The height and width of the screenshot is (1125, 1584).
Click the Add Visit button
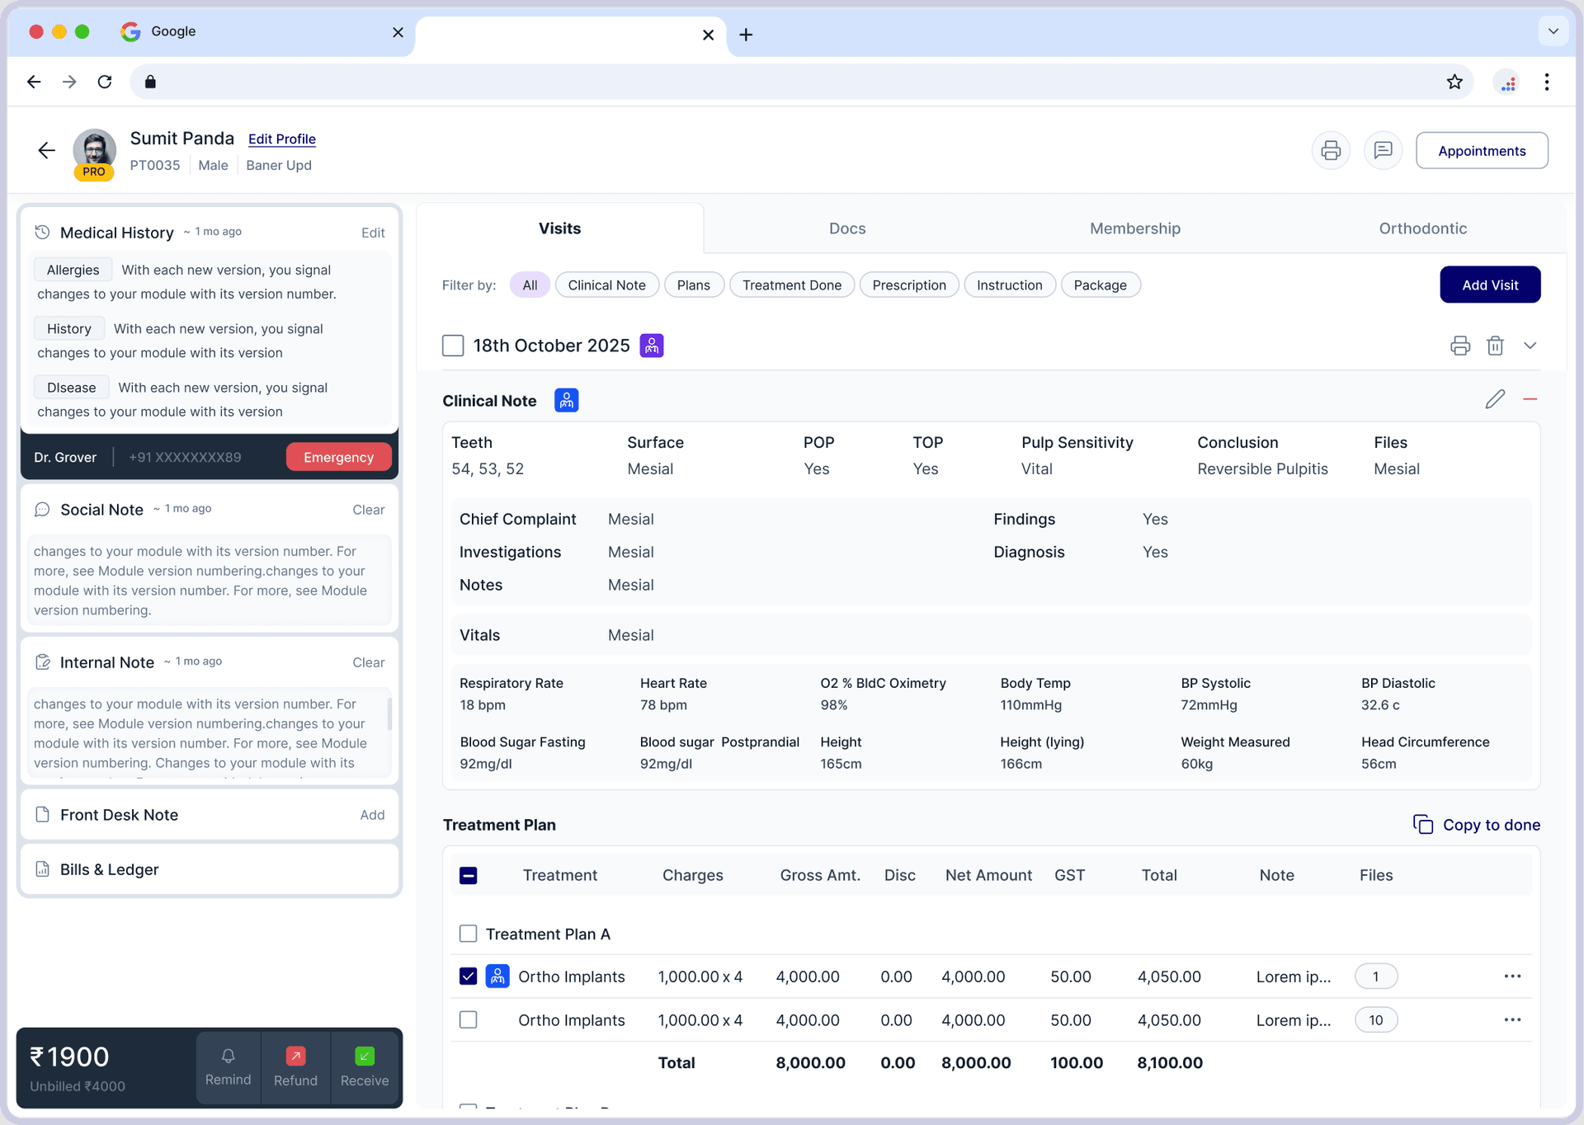pyautogui.click(x=1489, y=285)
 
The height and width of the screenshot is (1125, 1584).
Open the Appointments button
pyautogui.click(x=1481, y=151)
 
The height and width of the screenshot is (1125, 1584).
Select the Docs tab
pyautogui.click(x=846, y=228)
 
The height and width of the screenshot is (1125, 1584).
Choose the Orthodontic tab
pyautogui.click(x=1422, y=228)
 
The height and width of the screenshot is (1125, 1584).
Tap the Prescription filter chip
pyautogui.click(x=908, y=285)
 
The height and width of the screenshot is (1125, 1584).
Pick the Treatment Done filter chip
pyautogui.click(x=791, y=285)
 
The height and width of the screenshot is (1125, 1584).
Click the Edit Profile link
pyautogui.click(x=281, y=139)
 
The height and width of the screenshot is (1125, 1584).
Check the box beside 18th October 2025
pyautogui.click(x=453, y=346)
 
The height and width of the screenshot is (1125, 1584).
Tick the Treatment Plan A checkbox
pyautogui.click(x=468, y=934)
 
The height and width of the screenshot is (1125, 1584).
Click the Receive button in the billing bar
pyautogui.click(x=364, y=1066)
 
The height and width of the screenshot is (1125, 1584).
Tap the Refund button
pyautogui.click(x=295, y=1066)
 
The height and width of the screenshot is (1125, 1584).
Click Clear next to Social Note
pyautogui.click(x=368, y=510)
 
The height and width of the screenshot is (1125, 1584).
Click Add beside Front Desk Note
pyautogui.click(x=372, y=815)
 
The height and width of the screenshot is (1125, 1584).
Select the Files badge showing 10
pyautogui.click(x=1375, y=1020)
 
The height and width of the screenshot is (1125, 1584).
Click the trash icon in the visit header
pyautogui.click(x=1495, y=346)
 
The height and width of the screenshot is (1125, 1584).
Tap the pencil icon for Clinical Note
pyautogui.click(x=1495, y=400)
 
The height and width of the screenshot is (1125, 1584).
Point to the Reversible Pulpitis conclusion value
pyautogui.click(x=1262, y=469)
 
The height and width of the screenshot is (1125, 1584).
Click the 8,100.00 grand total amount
pyautogui.click(x=1169, y=1063)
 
